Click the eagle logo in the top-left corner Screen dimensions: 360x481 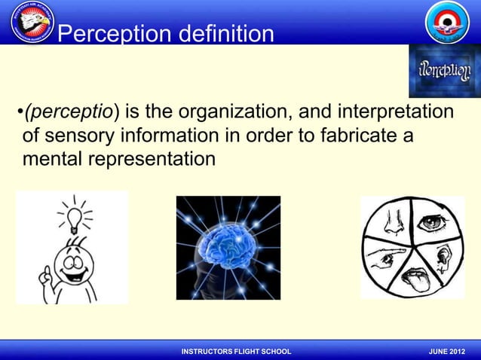(32, 23)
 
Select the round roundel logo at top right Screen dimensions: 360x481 (447, 23)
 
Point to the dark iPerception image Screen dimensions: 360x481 (445, 72)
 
